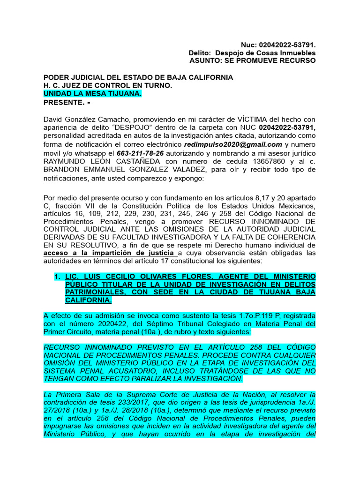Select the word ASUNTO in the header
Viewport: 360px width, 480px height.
[x=205, y=61]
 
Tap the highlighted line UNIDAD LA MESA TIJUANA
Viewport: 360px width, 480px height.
[x=92, y=94]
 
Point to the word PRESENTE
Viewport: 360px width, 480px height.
[x=61, y=102]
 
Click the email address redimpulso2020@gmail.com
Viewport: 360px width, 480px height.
[x=233, y=144]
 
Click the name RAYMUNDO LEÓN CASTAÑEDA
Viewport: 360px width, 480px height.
[x=88, y=161]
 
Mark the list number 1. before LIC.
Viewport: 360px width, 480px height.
[x=58, y=277]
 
